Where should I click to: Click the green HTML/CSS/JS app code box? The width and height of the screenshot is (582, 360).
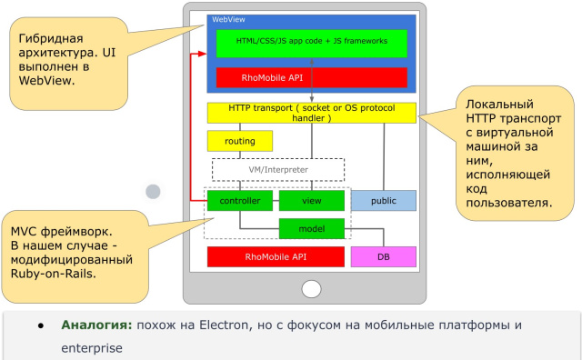click(x=311, y=43)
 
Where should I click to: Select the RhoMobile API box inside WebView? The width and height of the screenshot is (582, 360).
click(x=311, y=77)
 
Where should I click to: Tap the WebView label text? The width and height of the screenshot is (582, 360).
click(x=226, y=19)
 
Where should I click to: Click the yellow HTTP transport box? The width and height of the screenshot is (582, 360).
click(x=311, y=113)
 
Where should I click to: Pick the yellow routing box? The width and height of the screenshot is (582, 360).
click(x=239, y=142)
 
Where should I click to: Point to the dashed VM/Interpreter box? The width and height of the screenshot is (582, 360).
click(x=277, y=170)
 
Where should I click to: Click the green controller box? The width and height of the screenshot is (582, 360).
click(x=240, y=201)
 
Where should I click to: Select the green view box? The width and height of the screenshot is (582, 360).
click(x=311, y=201)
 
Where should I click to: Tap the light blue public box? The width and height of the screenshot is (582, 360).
click(x=383, y=201)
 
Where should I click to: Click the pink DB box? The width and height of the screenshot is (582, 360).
click(x=383, y=257)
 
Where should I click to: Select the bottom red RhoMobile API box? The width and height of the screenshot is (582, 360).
click(x=276, y=257)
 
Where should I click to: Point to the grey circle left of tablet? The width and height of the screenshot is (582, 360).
click(x=153, y=191)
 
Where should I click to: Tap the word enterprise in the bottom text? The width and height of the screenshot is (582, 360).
click(x=90, y=347)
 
